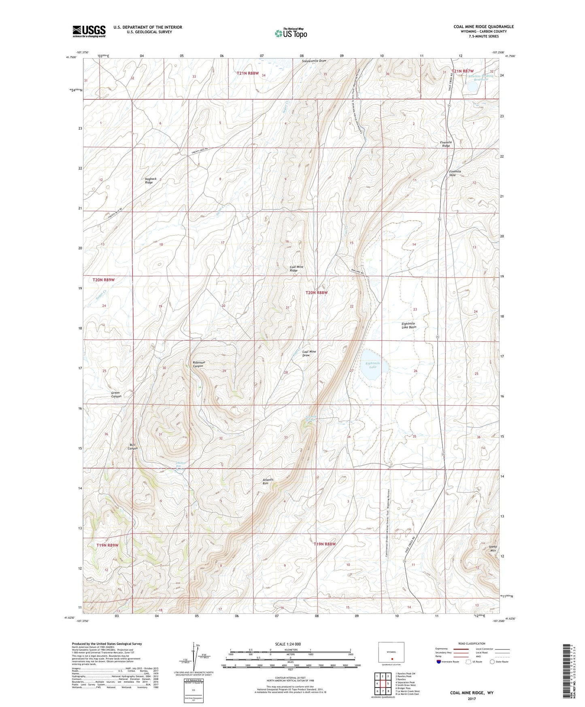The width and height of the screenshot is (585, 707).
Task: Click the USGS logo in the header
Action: pos(89,31)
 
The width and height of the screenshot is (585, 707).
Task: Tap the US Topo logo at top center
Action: pos(291,33)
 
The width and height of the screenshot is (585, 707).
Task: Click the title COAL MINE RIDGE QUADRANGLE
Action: pos(483,27)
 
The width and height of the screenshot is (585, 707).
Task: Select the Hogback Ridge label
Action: pos(151,181)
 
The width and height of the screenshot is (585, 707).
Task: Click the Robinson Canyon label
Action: pos(198,364)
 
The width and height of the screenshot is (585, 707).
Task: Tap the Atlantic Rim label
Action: pos(268,481)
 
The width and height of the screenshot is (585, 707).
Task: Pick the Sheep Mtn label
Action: pos(493,549)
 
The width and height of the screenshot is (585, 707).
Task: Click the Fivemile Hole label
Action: pos(455,173)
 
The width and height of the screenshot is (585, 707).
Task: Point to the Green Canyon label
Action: pos(116,394)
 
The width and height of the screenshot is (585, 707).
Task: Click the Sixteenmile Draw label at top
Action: pos(314,61)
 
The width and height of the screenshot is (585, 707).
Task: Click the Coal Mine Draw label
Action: pos(309,353)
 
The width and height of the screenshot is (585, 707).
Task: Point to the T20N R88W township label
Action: pos(316,292)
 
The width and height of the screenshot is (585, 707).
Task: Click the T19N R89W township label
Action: pos(107,545)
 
